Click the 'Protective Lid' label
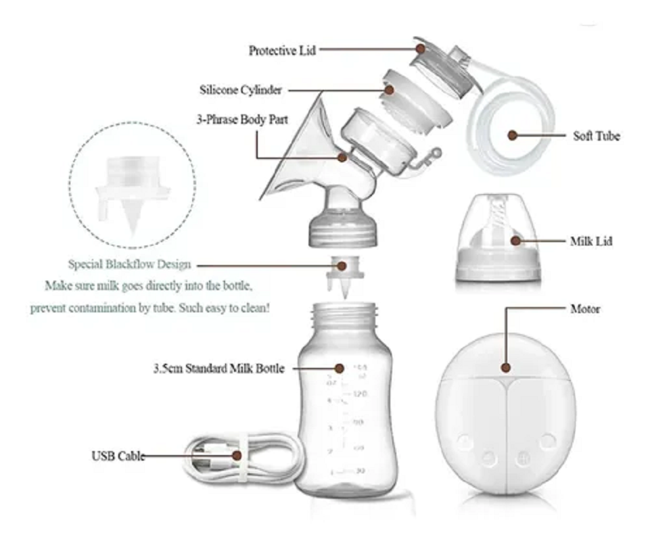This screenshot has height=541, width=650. coord(282,50)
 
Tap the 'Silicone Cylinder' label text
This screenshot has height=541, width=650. coord(240,90)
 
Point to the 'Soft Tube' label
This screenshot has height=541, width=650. coord(596,136)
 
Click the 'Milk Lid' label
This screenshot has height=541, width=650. coord(591,241)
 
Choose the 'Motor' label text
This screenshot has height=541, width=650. coord(585,310)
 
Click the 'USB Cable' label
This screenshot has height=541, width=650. coord(118,456)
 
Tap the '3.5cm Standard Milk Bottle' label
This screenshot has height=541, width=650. coord(217,369)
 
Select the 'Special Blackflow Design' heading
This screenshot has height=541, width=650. coord(129,264)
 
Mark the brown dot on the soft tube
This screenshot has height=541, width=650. coord(513,135)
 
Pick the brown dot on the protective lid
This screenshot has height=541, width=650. coord(420,49)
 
